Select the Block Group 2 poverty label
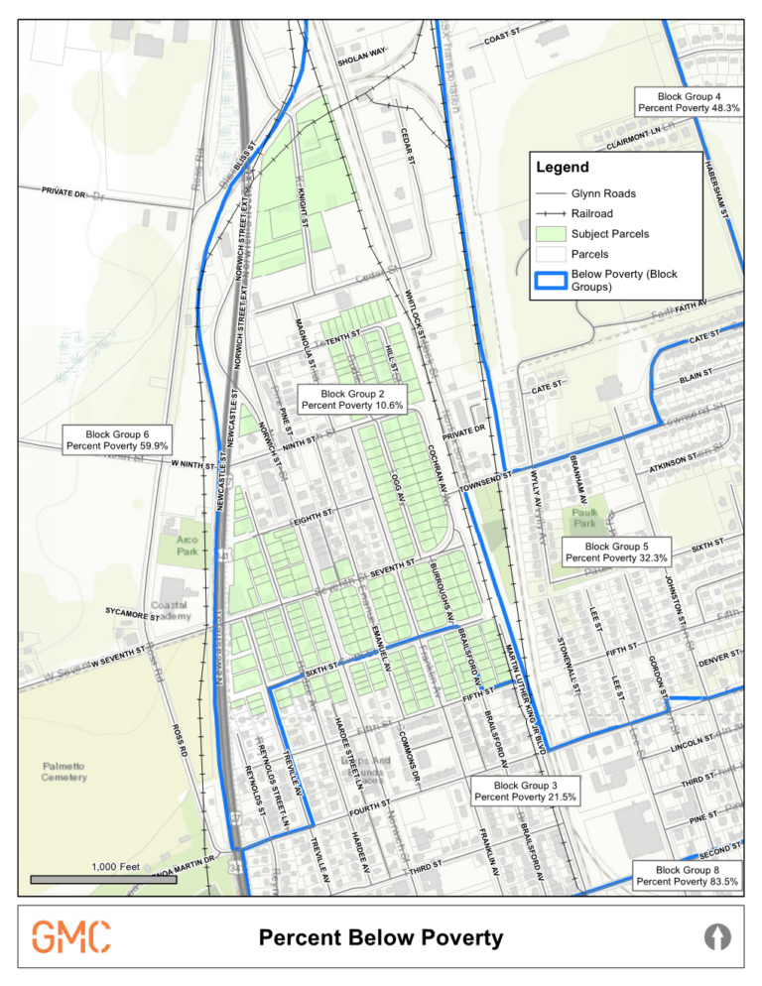point(352,400)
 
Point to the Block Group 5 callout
point(616,553)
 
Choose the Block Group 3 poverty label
point(525,792)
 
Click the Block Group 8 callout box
point(687,875)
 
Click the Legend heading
point(563,168)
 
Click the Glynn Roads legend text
point(603,193)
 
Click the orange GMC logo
point(70,936)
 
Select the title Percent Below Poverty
point(380,937)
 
